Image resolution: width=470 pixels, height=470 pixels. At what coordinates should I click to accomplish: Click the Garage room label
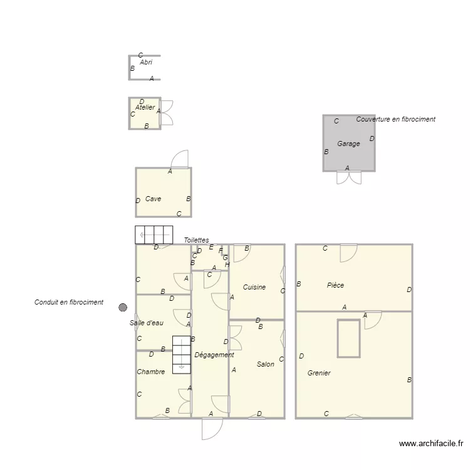348,144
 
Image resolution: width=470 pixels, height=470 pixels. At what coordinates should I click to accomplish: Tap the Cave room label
153,199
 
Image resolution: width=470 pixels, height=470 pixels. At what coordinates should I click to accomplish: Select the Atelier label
145,108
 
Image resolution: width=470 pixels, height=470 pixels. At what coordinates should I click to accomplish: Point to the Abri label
146,63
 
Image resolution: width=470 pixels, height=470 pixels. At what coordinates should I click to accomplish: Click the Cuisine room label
254,288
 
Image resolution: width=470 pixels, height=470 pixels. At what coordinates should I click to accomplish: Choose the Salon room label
265,364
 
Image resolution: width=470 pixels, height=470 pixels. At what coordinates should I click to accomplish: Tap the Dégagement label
214,355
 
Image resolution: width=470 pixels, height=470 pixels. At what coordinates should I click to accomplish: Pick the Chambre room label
151,372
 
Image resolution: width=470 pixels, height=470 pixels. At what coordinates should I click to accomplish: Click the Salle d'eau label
147,323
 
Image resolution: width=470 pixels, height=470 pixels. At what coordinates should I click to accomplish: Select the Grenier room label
319,373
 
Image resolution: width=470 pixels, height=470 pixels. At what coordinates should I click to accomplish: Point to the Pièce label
335,286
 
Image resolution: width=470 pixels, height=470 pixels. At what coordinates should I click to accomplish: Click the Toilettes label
196,241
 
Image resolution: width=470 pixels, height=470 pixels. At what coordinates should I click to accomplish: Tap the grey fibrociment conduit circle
123,307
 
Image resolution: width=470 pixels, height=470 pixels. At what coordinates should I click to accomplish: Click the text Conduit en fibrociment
69,303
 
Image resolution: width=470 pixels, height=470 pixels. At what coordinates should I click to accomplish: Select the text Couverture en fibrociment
395,119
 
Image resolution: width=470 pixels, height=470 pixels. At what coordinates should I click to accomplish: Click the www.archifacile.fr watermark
431,444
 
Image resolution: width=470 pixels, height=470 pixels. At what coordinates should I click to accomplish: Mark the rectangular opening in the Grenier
348,338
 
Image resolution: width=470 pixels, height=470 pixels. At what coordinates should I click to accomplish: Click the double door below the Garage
349,177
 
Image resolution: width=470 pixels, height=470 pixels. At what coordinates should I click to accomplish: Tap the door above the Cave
180,159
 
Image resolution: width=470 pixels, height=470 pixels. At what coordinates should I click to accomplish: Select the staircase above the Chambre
181,355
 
